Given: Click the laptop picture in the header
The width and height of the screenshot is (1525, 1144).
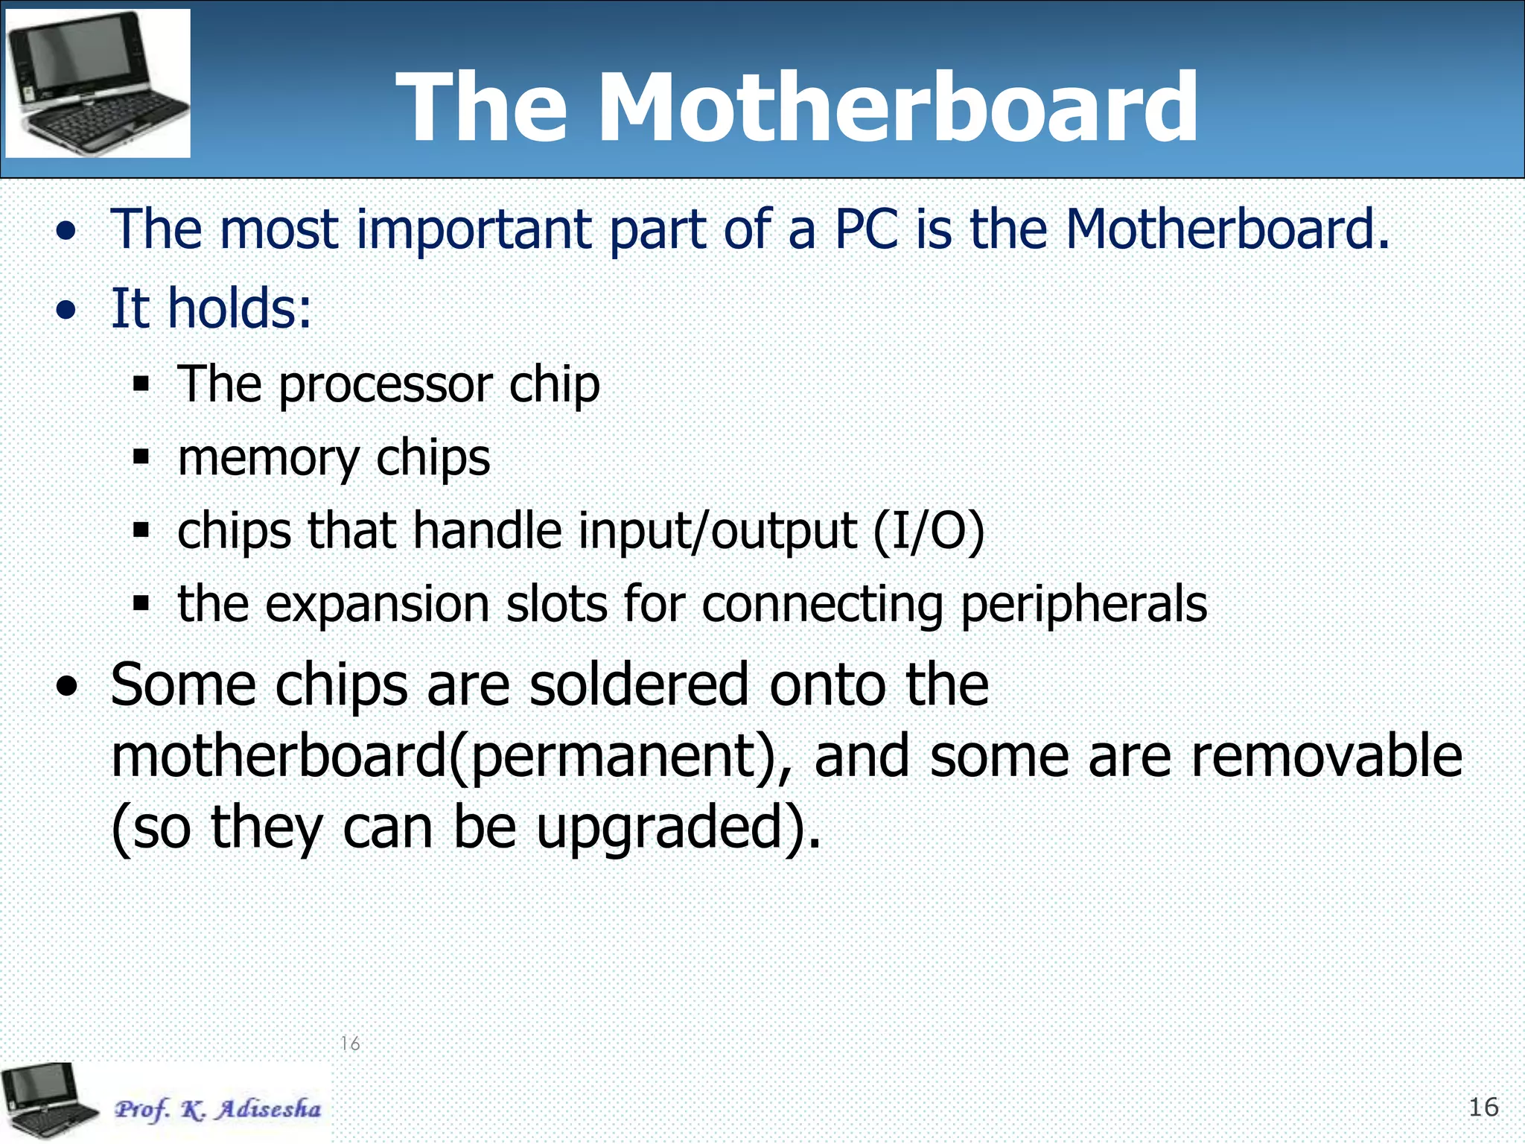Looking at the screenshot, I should [x=98, y=83].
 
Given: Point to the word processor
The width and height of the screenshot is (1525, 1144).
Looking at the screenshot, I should [x=385, y=386].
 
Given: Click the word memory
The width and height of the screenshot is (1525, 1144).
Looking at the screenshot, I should [x=268, y=459].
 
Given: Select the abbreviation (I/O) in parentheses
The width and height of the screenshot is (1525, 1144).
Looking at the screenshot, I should [x=929, y=532].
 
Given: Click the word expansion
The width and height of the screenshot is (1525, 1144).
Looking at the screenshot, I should [x=378, y=605].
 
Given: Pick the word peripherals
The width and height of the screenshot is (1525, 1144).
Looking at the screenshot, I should [x=1083, y=605].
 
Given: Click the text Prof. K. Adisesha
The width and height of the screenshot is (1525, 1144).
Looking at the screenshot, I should [x=217, y=1109].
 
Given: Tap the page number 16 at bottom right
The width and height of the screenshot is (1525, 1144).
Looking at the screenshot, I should [x=1483, y=1108].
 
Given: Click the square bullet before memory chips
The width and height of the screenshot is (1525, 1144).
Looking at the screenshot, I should [x=141, y=457].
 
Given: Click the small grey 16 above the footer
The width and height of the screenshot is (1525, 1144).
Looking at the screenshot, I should [x=350, y=1043].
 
